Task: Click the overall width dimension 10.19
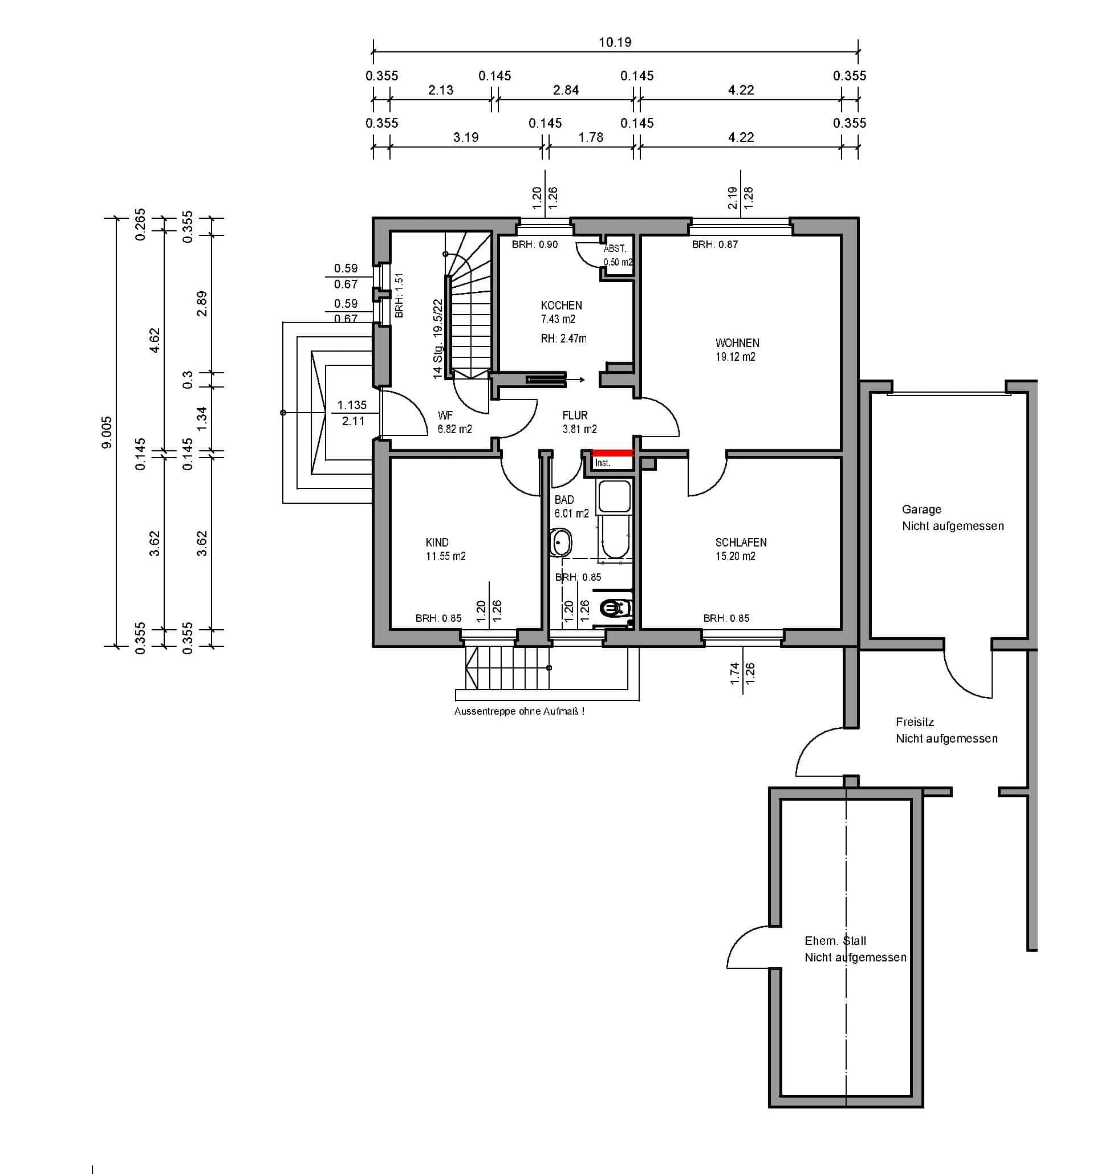(x=615, y=42)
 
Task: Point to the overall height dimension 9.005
(x=107, y=432)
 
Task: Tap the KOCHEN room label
(x=561, y=305)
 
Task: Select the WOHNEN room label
(x=737, y=343)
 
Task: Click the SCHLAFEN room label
(x=741, y=542)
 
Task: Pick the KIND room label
(x=437, y=542)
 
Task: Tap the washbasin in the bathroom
(x=560, y=541)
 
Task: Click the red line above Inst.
(x=613, y=453)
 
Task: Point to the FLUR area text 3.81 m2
(x=579, y=429)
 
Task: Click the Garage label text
(x=921, y=509)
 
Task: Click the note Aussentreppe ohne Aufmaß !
(x=519, y=711)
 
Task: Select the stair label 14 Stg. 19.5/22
(x=438, y=339)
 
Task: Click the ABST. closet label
(x=615, y=249)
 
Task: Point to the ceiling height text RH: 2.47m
(x=563, y=339)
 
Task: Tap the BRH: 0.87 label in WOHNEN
(x=715, y=244)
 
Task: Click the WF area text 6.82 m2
(x=454, y=429)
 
